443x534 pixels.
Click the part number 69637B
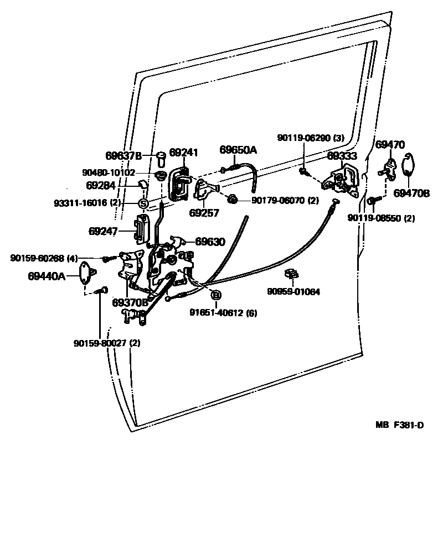point(123,155)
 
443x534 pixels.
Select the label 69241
point(183,153)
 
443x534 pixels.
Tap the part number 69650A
point(238,150)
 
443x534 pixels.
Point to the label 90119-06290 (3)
point(312,138)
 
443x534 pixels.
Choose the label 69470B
point(412,193)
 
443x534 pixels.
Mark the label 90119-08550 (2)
point(381,218)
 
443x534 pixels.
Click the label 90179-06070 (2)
point(285,201)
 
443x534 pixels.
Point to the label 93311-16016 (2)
point(87,203)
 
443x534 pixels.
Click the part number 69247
point(104,231)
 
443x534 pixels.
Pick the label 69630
point(212,241)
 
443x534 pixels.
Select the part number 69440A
point(47,275)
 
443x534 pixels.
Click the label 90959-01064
point(293,291)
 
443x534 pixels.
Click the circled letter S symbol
point(142,203)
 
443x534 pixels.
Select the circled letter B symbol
point(216,295)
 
